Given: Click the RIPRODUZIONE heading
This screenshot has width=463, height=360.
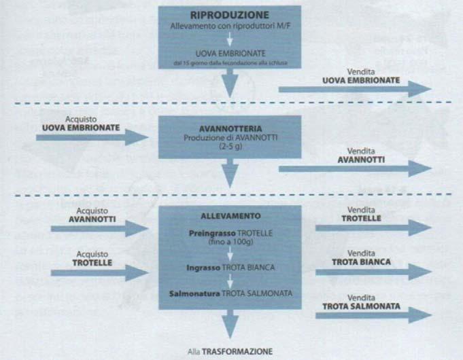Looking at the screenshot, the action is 230,14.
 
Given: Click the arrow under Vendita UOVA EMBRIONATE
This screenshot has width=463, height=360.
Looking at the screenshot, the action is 354,90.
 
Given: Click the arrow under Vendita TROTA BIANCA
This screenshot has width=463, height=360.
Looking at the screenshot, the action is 373,271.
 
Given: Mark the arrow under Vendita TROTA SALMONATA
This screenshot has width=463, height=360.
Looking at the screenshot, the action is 373,314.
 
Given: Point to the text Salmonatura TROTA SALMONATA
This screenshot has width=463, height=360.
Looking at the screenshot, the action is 230,293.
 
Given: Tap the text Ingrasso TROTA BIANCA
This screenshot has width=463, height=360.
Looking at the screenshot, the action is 230,268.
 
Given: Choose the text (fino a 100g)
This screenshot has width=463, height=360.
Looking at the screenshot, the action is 230,242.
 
